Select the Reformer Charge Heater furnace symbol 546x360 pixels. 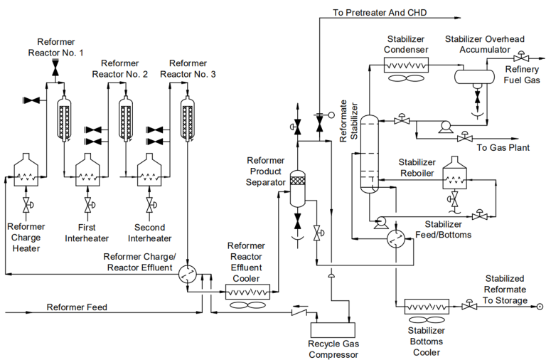tap(26, 171)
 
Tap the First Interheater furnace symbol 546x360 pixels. tap(87, 171)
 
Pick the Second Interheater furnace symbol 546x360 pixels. tap(149, 171)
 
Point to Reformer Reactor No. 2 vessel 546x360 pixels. tap(126, 114)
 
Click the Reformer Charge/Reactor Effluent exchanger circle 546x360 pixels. tap(188, 275)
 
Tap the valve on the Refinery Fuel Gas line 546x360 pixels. tap(521, 55)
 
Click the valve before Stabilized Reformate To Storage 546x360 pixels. tap(468, 306)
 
